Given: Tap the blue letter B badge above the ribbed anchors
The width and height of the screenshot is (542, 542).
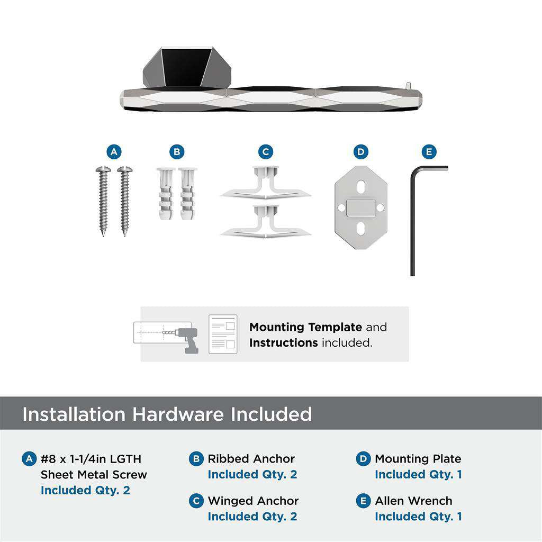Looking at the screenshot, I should pyautogui.click(x=177, y=152).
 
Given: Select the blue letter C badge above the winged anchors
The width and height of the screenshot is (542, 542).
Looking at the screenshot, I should pyautogui.click(x=266, y=152).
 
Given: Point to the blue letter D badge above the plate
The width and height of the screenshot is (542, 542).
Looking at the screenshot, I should pyautogui.click(x=361, y=152).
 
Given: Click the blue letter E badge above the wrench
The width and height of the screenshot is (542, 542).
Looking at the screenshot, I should pyautogui.click(x=429, y=152).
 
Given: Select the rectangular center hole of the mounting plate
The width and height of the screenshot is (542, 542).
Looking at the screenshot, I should pyautogui.click(x=360, y=207).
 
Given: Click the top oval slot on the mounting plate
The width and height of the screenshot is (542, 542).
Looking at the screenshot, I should pyautogui.click(x=360, y=187).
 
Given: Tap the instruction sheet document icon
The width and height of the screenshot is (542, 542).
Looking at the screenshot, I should pyautogui.click(x=223, y=334).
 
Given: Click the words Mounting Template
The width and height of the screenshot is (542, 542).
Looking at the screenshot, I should pyautogui.click(x=305, y=327).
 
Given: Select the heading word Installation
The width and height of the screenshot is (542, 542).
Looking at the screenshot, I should pyautogui.click(x=75, y=414).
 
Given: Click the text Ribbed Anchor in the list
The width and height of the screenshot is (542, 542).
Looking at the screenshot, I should pyautogui.click(x=251, y=459).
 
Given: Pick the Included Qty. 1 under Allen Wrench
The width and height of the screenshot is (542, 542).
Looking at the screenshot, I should pyautogui.click(x=418, y=517).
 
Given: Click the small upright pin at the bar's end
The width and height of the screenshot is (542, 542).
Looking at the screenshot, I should pyautogui.click(x=408, y=85).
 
